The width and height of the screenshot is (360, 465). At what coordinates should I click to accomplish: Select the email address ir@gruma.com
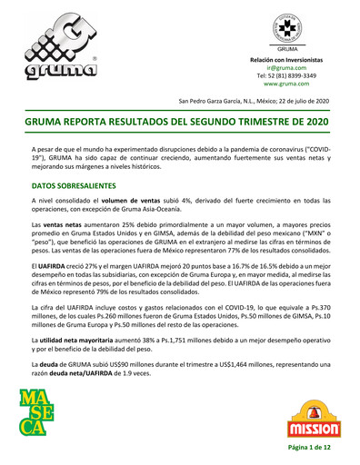click(x=286, y=67)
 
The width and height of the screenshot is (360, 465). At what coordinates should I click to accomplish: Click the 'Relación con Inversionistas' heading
click(x=286, y=59)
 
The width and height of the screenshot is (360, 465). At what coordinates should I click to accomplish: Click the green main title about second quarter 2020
click(x=180, y=121)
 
